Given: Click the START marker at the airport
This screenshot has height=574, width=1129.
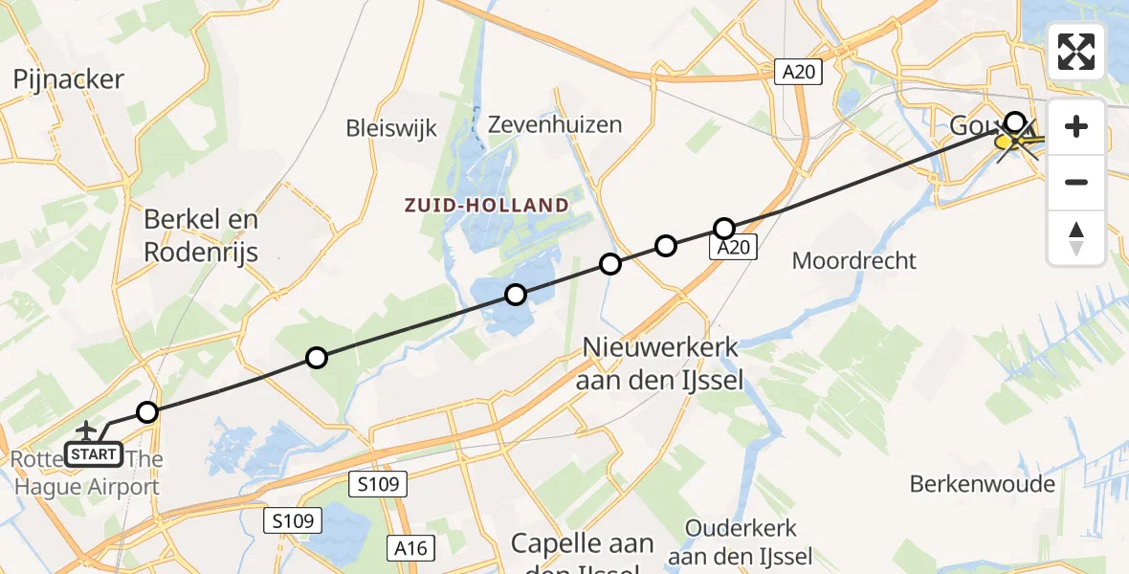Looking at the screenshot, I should tap(94, 454).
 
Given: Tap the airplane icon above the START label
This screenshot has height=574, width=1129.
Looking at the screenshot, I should tap(88, 431).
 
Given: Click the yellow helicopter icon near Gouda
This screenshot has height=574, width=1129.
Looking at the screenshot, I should tap(1016, 143).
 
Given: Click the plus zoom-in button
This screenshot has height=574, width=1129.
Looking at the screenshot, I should tap(1076, 126).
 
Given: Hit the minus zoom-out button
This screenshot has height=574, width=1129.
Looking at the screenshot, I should tap(1076, 182).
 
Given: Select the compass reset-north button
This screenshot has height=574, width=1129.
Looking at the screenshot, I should tap(1076, 237).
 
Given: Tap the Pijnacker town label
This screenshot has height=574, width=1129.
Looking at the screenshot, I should tap(69, 79).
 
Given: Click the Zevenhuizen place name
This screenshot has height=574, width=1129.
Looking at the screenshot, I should tap(555, 124).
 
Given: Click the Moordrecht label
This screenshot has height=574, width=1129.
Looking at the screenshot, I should tap(854, 260).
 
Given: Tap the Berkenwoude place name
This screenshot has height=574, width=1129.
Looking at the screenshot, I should tap(983, 484).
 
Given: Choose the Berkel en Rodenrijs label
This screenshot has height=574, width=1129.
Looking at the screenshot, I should tap(201, 235).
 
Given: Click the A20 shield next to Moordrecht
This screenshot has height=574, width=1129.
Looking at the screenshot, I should tap(734, 248).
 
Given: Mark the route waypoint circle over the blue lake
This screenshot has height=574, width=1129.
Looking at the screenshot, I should tap(516, 295).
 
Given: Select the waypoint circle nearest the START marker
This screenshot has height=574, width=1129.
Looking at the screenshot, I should tap(146, 412).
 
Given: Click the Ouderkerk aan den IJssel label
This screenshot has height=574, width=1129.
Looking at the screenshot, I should tap(741, 541).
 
